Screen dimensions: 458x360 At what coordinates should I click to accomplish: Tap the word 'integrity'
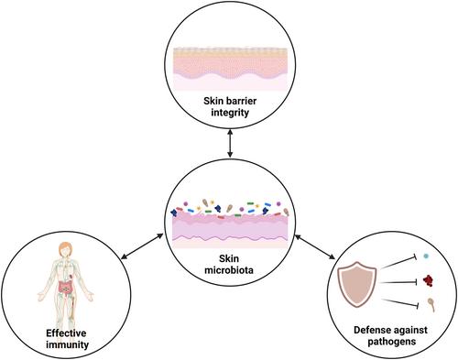coord(230,113)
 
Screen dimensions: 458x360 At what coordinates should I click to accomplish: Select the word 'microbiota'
coord(229,270)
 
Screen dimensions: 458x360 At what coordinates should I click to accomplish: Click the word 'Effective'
coord(66,333)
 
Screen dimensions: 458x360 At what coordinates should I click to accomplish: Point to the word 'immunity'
coord(68,344)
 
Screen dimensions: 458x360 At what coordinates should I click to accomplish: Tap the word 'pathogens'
coord(392,342)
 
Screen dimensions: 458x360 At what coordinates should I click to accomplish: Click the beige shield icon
coord(356,283)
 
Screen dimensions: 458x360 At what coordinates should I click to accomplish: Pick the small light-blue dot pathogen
coord(426,256)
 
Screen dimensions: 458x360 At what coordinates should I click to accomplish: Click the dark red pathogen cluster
coord(428,280)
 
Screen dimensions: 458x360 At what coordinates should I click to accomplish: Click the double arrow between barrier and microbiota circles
coord(230,143)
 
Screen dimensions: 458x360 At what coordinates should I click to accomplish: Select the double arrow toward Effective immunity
coord(142,246)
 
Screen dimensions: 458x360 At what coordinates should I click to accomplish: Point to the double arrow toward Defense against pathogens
coord(315,246)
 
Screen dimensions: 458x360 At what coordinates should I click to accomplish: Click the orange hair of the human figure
coord(65,246)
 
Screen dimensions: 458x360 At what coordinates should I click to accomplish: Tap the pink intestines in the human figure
coord(65,287)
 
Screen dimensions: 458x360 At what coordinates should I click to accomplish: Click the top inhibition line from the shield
coord(399,263)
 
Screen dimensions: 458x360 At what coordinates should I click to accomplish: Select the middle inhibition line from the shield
coord(399,282)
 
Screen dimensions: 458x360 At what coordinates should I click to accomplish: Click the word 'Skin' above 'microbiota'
coord(229,258)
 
